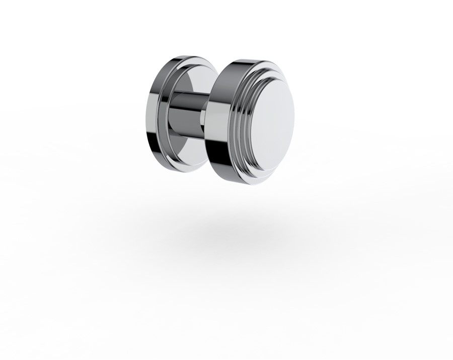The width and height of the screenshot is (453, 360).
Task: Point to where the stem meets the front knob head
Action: click(x=206, y=121)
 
